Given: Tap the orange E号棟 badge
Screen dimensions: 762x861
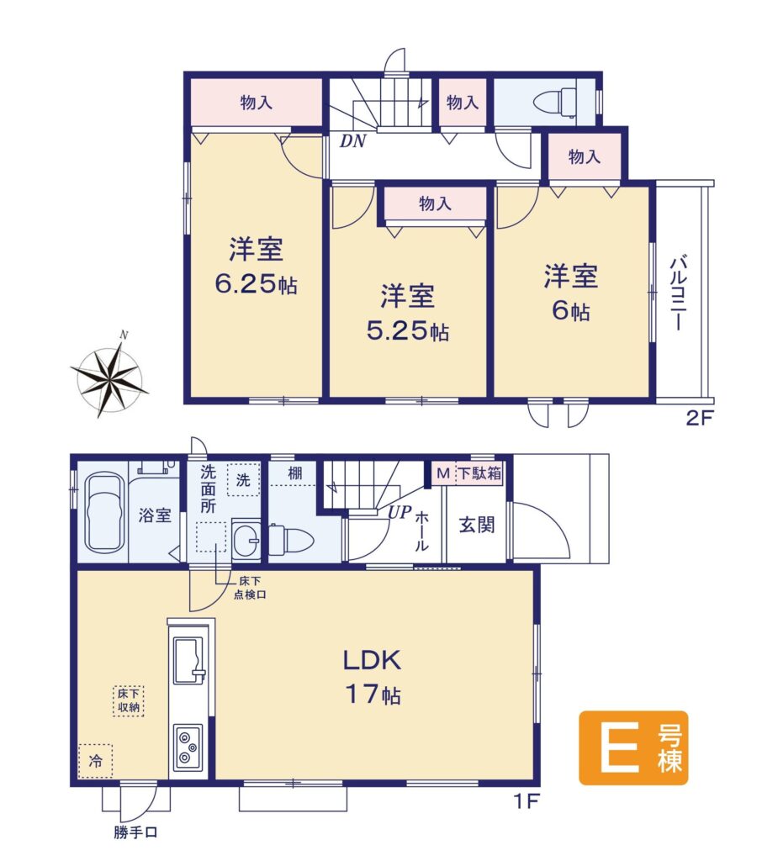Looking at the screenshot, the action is [633, 747].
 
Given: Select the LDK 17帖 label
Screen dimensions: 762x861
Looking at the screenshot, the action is [373, 677].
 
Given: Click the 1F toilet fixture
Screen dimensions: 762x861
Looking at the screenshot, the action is [291, 541].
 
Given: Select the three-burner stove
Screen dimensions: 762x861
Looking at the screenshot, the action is [188, 747].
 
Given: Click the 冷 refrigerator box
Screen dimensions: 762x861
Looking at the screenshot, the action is [96, 761].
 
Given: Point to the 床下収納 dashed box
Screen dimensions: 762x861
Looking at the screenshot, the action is [129, 700].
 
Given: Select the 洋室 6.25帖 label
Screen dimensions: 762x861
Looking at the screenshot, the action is [256, 266].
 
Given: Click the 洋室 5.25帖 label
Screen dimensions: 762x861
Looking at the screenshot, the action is [408, 313].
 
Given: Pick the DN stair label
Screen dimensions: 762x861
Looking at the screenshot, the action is [352, 141].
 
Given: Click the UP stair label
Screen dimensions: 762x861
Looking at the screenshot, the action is [400, 512].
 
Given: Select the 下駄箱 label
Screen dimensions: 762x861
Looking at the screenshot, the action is [479, 473].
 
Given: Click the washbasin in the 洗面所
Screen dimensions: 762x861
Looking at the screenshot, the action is [246, 539].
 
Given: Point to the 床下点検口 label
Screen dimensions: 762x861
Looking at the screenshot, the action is [250, 588].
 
